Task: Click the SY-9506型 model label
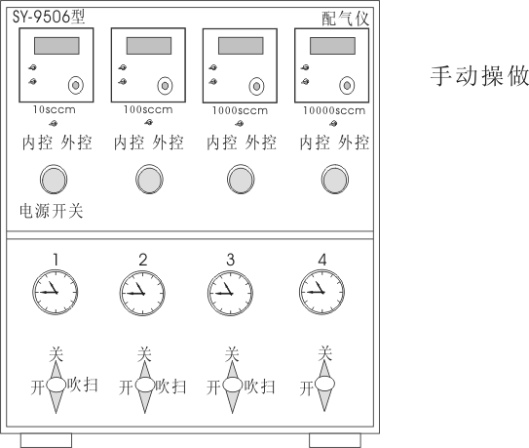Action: (49, 17)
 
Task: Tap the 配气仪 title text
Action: (345, 19)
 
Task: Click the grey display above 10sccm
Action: (57, 46)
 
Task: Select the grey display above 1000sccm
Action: (241, 46)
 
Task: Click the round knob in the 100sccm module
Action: (165, 86)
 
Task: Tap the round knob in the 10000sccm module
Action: (347, 86)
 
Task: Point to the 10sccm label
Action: (55, 109)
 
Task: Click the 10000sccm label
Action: (334, 110)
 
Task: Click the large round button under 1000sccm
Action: (241, 180)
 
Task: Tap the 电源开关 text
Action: (52, 212)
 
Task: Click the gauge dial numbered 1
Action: (56, 292)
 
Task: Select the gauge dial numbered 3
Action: (231, 293)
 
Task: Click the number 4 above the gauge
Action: (322, 260)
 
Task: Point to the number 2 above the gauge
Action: (143, 260)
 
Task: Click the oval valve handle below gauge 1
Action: (56, 385)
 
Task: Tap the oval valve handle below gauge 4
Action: (324, 385)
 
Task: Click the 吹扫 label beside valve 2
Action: (170, 387)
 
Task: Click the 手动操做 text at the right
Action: (479, 76)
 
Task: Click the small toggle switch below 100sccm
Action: (148, 122)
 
